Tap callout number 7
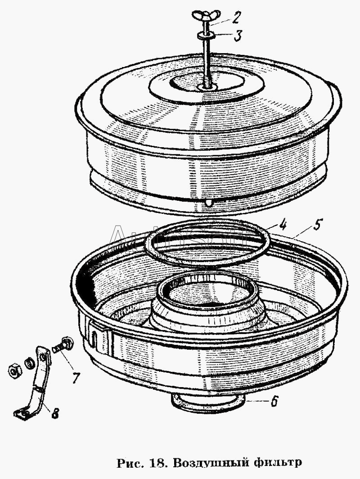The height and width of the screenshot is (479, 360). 75,378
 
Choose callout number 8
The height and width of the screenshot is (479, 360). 55,415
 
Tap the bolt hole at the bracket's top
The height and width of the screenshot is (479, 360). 44,356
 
